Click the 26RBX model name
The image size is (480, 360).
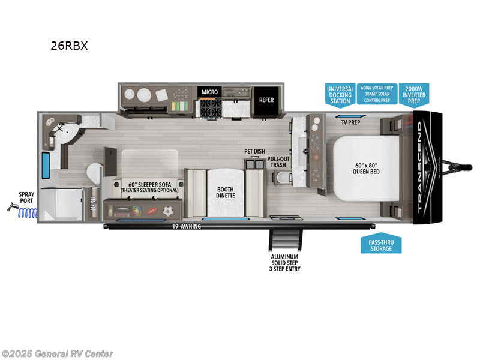click(69, 46)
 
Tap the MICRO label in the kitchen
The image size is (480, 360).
click(209, 92)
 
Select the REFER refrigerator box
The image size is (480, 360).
click(266, 100)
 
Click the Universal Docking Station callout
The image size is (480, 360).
click(340, 95)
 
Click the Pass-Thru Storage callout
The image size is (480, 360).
click(380, 245)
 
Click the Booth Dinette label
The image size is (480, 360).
click(226, 192)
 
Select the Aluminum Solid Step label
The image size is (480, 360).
click(285, 262)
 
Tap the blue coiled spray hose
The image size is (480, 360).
click(27, 211)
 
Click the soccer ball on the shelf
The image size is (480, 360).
click(169, 211)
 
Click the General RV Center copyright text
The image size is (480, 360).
click(58, 353)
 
